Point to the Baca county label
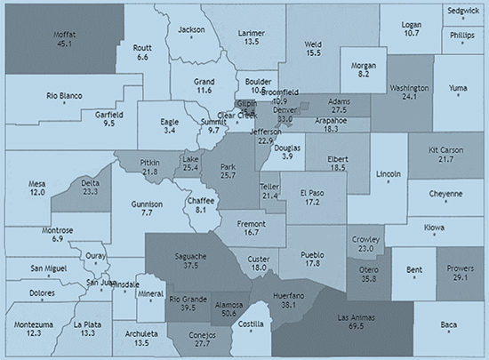[448, 324]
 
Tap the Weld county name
[313, 43]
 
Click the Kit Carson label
[445, 149]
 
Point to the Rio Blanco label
[65, 95]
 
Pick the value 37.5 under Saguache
[188, 264]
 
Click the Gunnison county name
[148, 204]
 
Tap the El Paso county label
[312, 192]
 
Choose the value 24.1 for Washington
[409, 99]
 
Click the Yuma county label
[458, 88]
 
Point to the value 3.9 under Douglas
[286, 156]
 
